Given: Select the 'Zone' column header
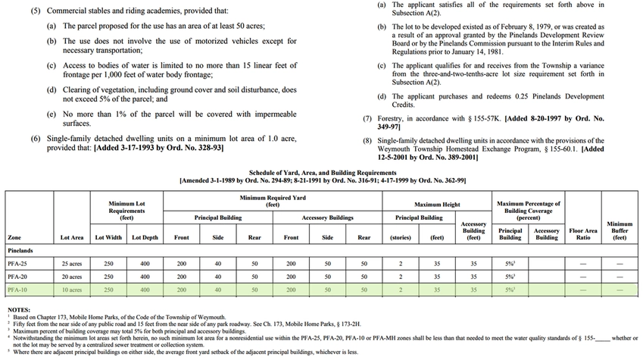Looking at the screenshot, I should (x=14, y=237).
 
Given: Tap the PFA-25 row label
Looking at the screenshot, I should (x=17, y=263).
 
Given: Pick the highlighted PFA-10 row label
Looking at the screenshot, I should (x=17, y=290).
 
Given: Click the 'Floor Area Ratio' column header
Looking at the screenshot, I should (x=583, y=233).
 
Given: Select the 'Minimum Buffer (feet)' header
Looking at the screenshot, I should (x=620, y=230).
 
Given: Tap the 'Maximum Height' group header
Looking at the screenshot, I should (x=437, y=204).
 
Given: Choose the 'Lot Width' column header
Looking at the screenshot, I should (x=108, y=237).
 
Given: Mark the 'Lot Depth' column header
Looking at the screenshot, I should (x=145, y=237).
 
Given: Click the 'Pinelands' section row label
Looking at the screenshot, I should (x=20, y=249).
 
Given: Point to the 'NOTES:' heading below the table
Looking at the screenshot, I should (x=19, y=310).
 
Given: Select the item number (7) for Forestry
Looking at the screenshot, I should (x=367, y=118).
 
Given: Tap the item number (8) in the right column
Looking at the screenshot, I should (x=367, y=140).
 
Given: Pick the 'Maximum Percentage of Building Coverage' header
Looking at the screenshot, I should (x=529, y=208).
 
